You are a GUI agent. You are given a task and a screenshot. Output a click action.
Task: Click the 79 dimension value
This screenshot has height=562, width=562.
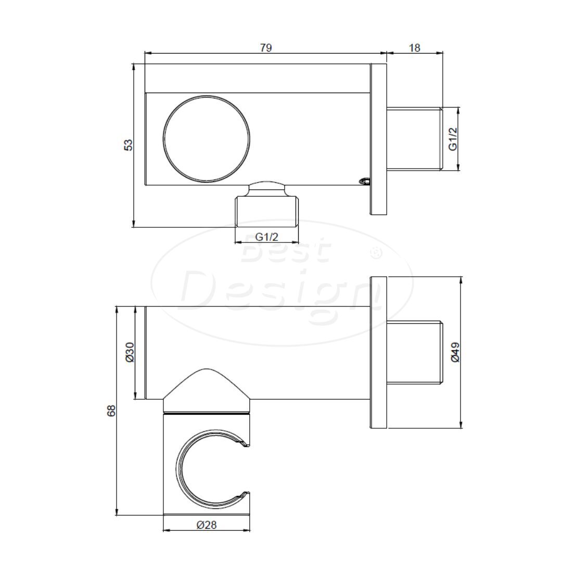(x=265, y=47)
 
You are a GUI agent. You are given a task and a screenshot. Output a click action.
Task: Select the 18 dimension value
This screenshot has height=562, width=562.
(x=414, y=47)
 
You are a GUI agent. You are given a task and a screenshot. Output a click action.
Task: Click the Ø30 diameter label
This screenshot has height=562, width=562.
(x=130, y=352)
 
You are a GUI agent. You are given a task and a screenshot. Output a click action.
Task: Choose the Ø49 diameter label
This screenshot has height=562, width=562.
(x=455, y=352)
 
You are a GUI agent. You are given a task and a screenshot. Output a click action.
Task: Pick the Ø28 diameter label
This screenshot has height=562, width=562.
(x=207, y=525)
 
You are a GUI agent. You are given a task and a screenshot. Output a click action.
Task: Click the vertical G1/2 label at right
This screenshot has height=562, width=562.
(x=453, y=139)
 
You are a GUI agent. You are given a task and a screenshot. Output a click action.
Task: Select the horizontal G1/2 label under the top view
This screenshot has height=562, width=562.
(x=267, y=236)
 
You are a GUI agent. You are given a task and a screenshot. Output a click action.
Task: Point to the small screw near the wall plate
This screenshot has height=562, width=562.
(x=364, y=181)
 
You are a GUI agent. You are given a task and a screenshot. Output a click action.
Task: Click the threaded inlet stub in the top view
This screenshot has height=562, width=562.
(x=414, y=139)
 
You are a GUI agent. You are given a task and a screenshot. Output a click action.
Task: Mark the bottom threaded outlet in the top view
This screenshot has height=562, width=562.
(x=267, y=210)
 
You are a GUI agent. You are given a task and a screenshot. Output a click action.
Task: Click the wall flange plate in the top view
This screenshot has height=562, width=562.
(x=378, y=139)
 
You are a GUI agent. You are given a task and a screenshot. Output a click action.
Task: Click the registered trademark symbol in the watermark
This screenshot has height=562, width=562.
(x=375, y=253)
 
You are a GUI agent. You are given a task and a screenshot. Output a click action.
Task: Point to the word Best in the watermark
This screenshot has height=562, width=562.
(x=286, y=253)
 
